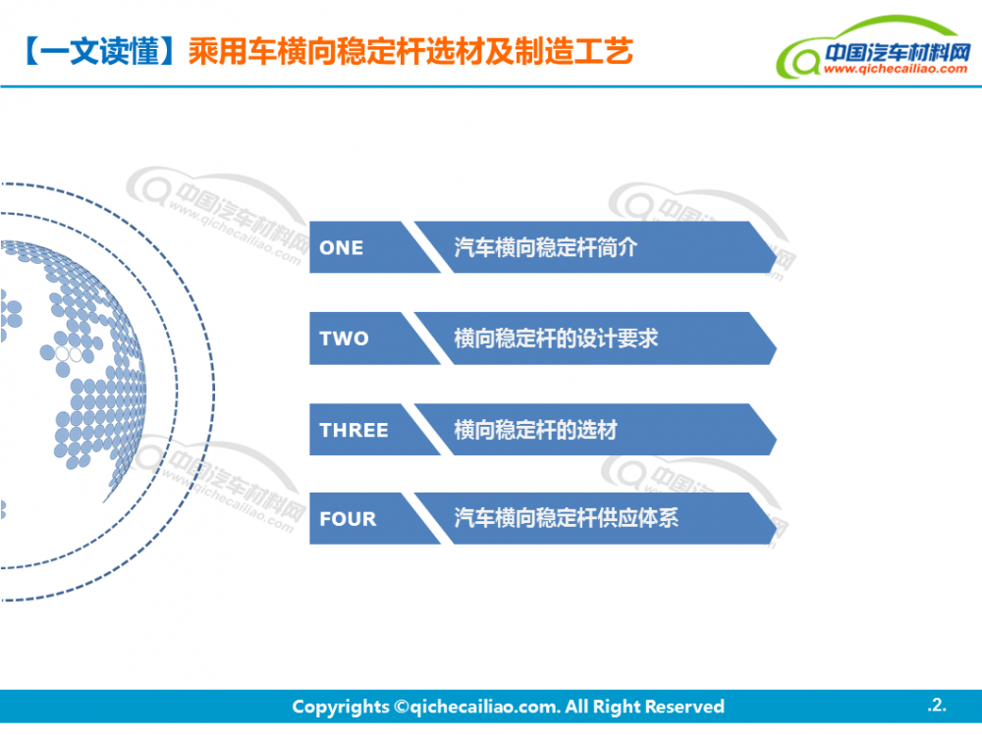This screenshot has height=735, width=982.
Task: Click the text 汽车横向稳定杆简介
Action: click(x=545, y=247)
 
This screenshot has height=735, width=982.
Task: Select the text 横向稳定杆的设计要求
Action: click(x=556, y=339)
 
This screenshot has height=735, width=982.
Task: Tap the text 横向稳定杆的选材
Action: click(x=535, y=430)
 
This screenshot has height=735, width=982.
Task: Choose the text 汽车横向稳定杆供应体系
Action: click(x=567, y=518)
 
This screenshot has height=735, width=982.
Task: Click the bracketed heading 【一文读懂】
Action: click(x=99, y=51)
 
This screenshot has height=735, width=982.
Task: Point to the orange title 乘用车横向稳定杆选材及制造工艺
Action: click(x=410, y=51)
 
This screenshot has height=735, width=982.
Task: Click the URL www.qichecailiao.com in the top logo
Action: click(x=896, y=69)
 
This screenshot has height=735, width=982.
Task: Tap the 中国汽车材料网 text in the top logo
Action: click(x=897, y=52)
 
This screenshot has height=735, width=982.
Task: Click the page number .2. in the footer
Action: click(x=937, y=705)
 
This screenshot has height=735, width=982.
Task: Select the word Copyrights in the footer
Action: click(x=341, y=707)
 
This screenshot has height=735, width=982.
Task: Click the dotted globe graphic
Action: click(x=69, y=357)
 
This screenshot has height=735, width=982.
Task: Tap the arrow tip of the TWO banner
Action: click(x=777, y=343)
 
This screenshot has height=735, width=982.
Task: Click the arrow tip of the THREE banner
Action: click(x=777, y=435)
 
